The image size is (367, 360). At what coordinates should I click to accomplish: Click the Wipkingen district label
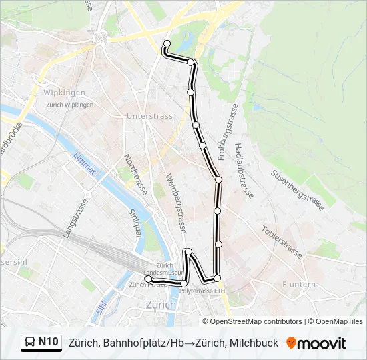coord(64,92)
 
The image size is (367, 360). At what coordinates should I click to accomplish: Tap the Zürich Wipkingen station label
coord(69,105)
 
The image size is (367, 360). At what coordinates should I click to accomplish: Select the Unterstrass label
coord(149,115)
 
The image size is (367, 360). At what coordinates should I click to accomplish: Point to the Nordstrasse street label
coord(135,175)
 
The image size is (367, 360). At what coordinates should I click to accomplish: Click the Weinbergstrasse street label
coord(175,200)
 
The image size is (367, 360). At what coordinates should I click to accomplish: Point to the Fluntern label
coord(299,284)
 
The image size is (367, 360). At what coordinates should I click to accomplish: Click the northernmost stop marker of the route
coord(167,44)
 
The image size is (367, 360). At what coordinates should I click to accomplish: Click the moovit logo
coord(316,343)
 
